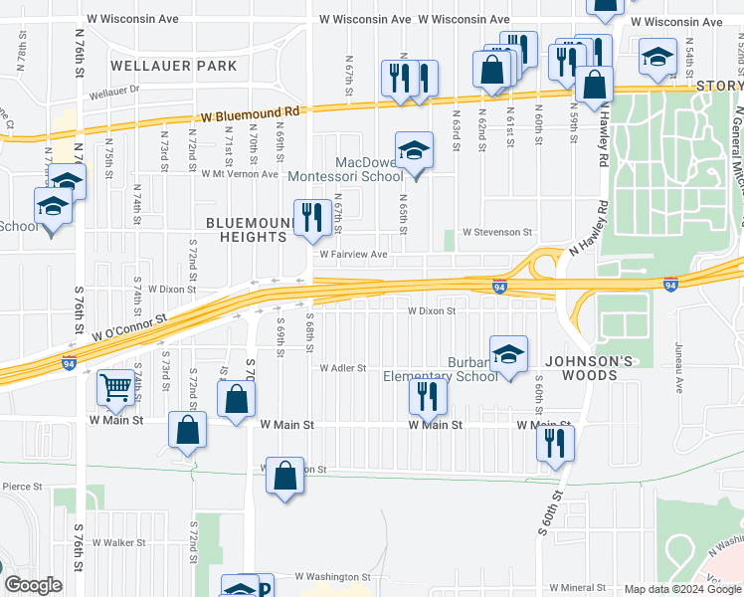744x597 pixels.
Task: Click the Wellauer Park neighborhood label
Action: [174, 66]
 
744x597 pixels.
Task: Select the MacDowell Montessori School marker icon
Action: [415, 150]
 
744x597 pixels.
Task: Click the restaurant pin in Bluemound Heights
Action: [312, 216]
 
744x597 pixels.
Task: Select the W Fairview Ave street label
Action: [352, 255]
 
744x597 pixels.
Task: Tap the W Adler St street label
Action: [342, 367]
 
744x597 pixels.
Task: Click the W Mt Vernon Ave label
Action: [240, 173]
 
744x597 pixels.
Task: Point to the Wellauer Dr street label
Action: [117, 95]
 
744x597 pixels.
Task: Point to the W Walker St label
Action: [112, 543]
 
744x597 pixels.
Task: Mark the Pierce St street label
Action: [22, 488]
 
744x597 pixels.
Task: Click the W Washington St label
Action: [324, 576]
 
